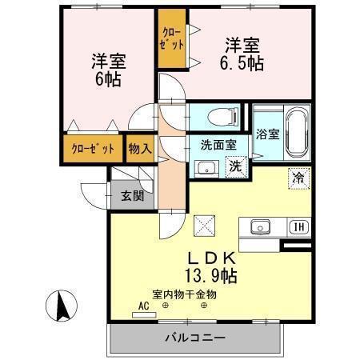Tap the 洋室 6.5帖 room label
(x=242, y=53)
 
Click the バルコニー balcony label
(x=196, y=337)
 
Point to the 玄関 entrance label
(x=132, y=194)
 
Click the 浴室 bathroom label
(x=268, y=134)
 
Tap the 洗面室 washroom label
(x=218, y=146)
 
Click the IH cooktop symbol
(x=297, y=226)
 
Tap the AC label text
(x=144, y=306)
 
